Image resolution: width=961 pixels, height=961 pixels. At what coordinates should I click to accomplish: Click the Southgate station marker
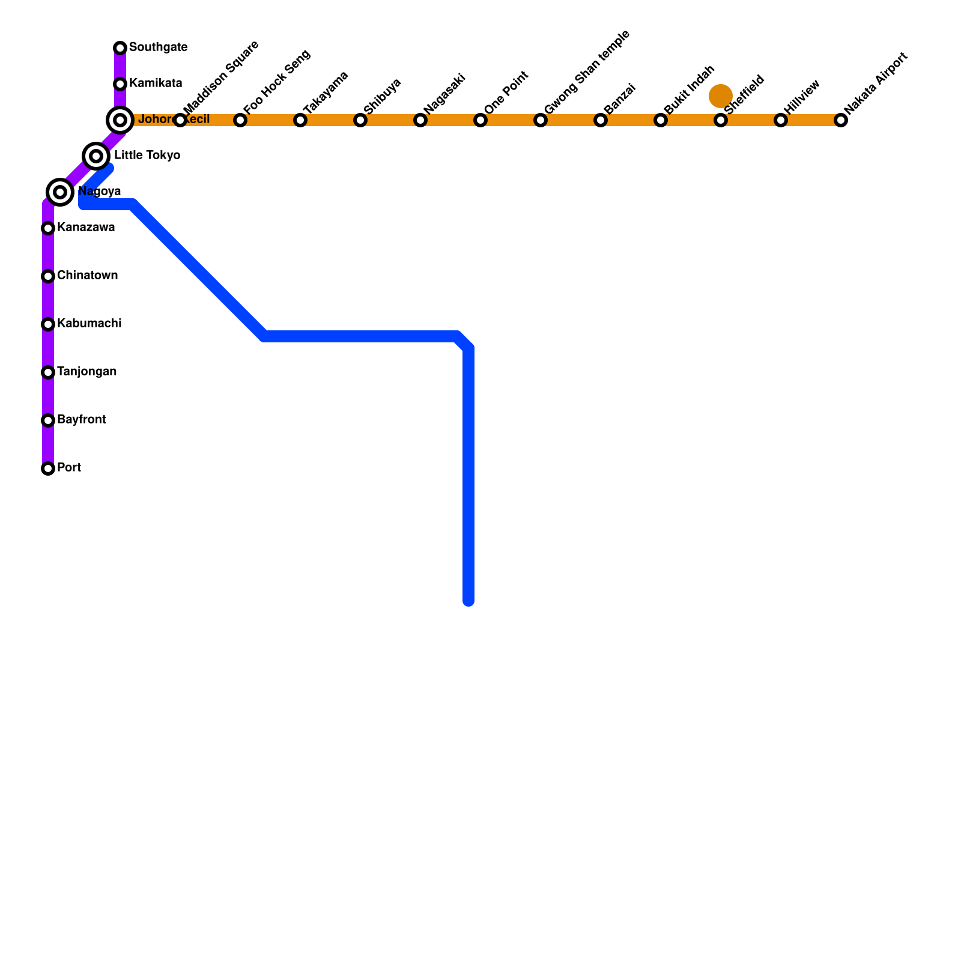pyautogui.click(x=120, y=48)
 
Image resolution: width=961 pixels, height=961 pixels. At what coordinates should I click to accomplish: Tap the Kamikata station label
pyautogui.click(x=155, y=83)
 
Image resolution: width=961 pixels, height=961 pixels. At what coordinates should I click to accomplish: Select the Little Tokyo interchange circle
pyautogui.click(x=96, y=156)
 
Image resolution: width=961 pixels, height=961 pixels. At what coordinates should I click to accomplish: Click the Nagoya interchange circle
pyautogui.click(x=60, y=192)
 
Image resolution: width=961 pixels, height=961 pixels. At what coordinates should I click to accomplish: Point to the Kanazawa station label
pyautogui.click(x=85, y=228)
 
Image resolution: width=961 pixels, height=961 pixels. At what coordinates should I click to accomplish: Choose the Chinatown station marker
pyautogui.click(x=48, y=276)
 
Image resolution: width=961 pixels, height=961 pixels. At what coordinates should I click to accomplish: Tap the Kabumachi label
pyautogui.click(x=89, y=324)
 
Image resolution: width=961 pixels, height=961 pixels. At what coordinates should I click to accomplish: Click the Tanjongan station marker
pyautogui.click(x=48, y=372)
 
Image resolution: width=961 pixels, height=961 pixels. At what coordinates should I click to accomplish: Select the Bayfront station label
pyautogui.click(x=81, y=420)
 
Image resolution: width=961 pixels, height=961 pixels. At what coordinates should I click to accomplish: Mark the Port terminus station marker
pyautogui.click(x=48, y=468)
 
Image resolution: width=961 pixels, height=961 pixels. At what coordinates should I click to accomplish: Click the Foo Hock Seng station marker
pyautogui.click(x=240, y=120)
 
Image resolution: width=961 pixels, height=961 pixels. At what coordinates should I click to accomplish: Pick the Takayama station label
pyautogui.click(x=326, y=92)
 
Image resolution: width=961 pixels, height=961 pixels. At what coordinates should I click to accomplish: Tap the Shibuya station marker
pyautogui.click(x=360, y=120)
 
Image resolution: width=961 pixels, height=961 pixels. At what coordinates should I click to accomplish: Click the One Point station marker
pyautogui.click(x=480, y=120)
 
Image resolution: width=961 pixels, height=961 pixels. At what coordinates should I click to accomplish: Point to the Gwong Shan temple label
pyautogui.click(x=587, y=71)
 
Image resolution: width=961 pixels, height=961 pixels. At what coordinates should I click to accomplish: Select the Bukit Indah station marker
pyautogui.click(x=661, y=120)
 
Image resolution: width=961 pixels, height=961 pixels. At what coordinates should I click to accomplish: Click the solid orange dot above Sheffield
pyautogui.click(x=720, y=95)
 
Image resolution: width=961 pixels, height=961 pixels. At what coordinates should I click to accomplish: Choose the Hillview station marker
pyautogui.click(x=781, y=120)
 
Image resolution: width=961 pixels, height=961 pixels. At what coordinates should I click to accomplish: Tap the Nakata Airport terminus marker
pyautogui.click(x=841, y=120)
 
